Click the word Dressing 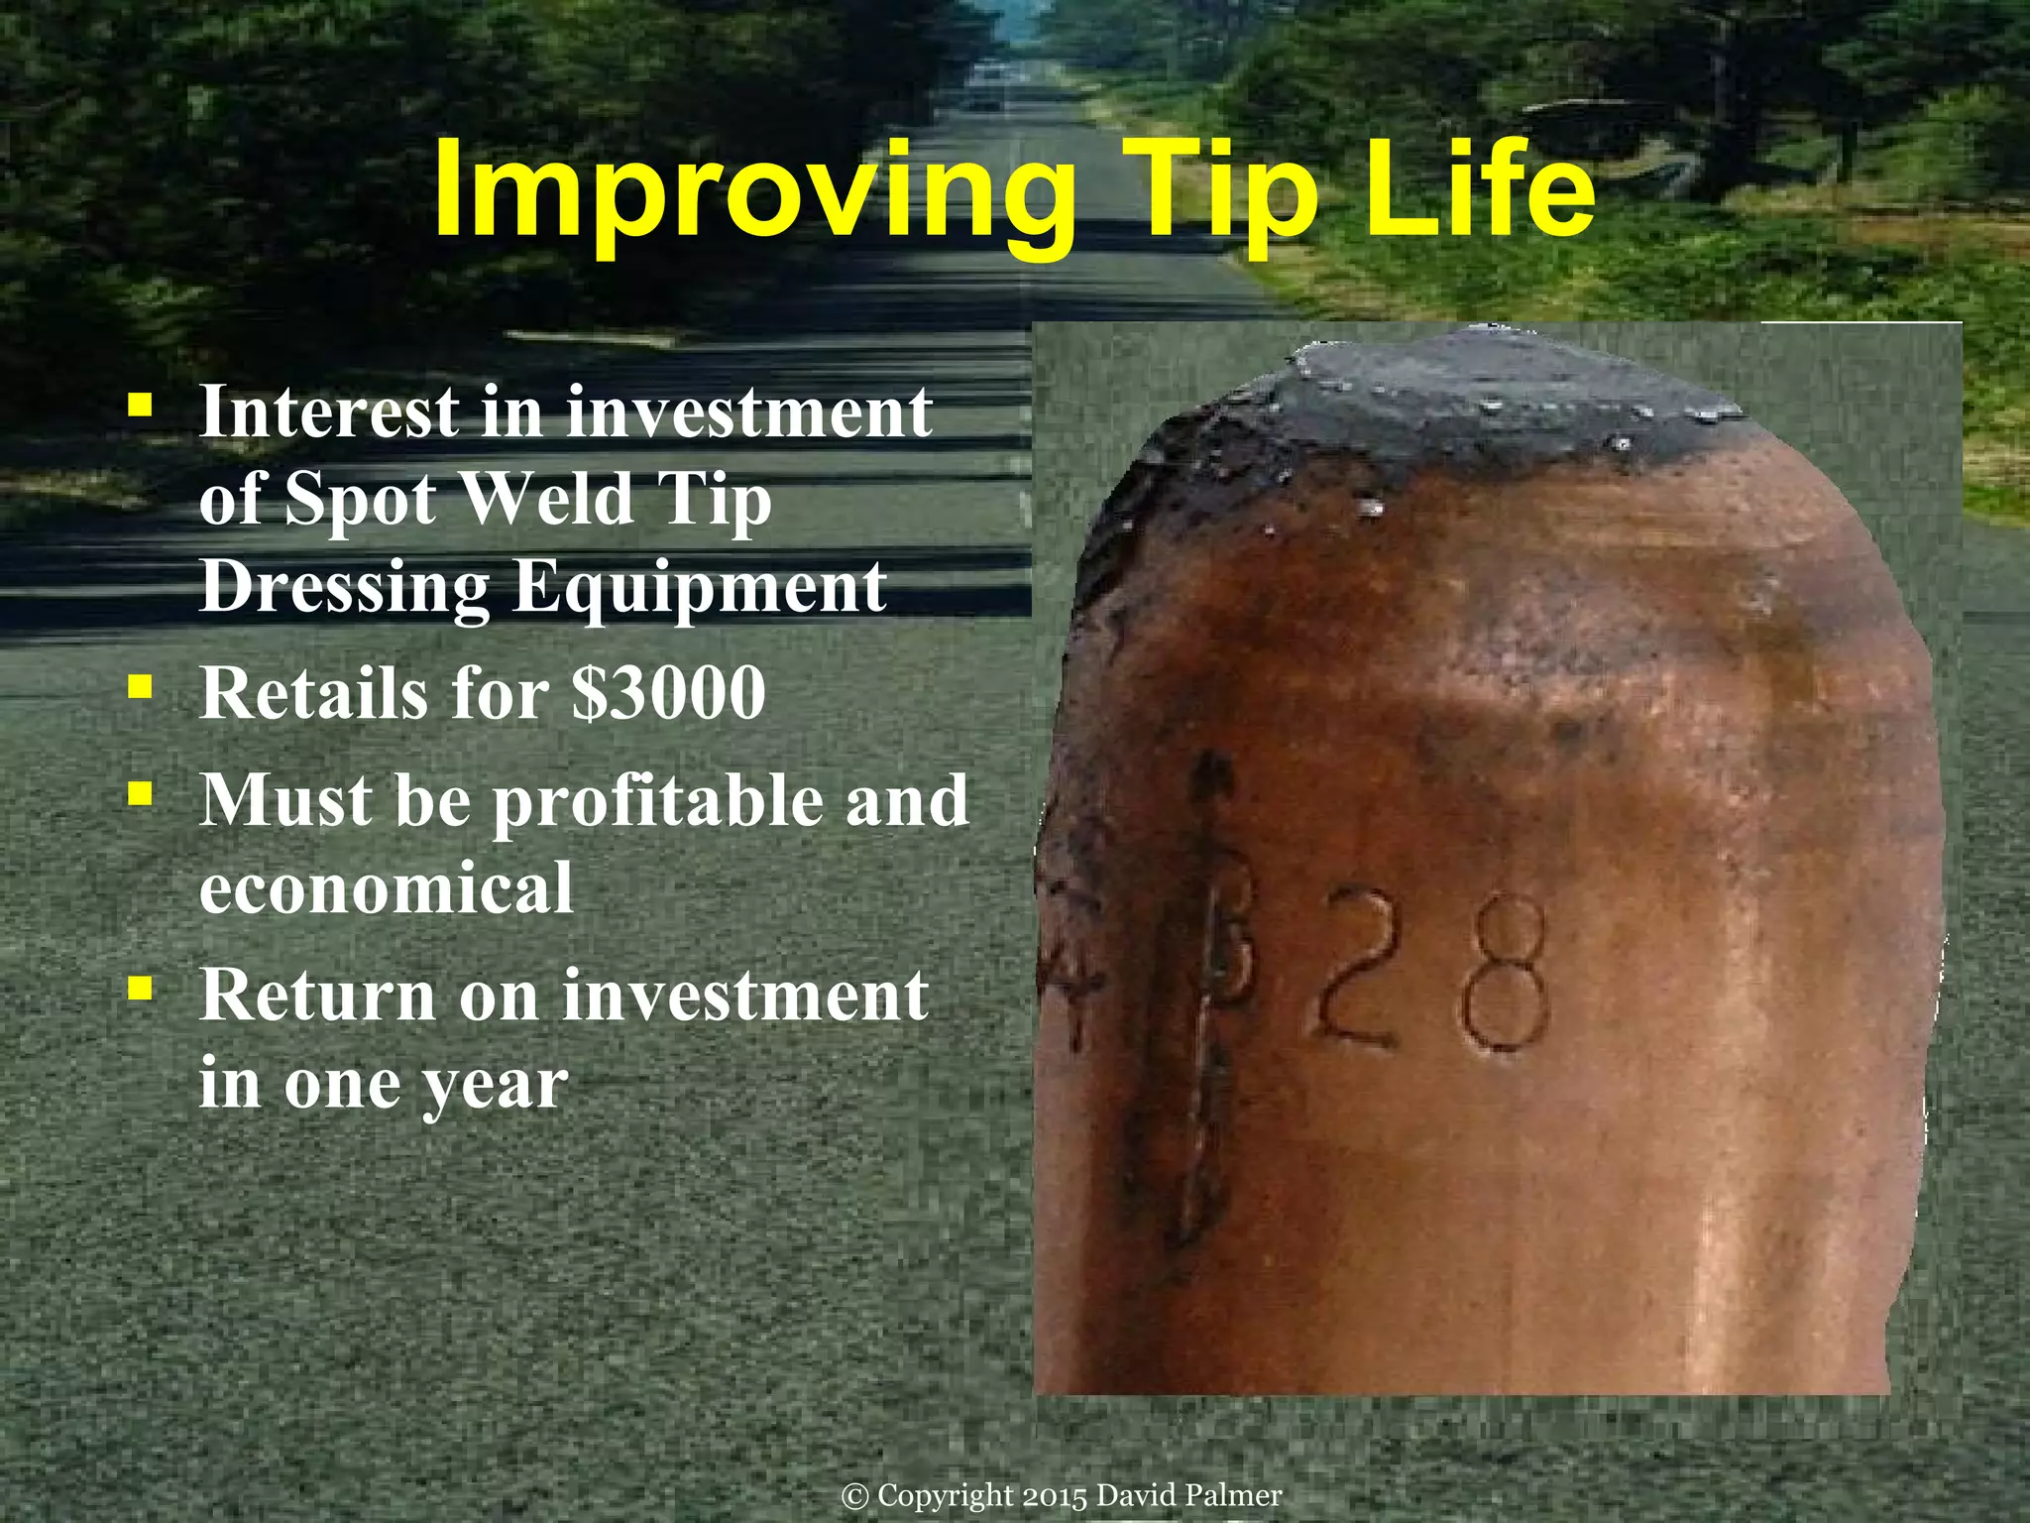click(344, 589)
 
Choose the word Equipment click(700, 589)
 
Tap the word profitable click(657, 801)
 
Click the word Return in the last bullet click(317, 995)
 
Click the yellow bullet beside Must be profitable click(140, 792)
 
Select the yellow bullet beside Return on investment click(140, 987)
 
